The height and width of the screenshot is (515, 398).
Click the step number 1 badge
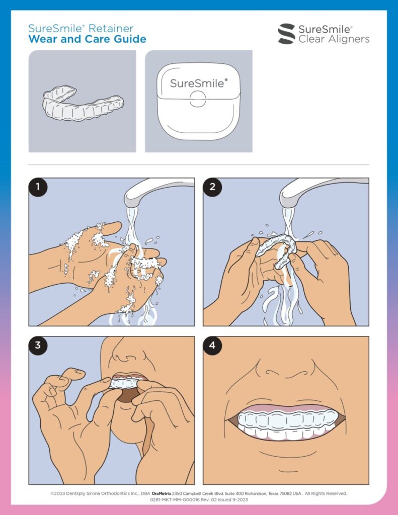[x=38, y=187]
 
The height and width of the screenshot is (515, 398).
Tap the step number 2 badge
[x=212, y=187]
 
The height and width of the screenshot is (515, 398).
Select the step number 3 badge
[x=38, y=346]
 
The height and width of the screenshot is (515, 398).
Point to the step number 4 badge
[x=212, y=346]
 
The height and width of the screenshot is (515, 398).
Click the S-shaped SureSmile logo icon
[x=287, y=34]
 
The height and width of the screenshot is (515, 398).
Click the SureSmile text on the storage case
[x=198, y=83]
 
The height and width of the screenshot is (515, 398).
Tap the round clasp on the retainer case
[x=198, y=99]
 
